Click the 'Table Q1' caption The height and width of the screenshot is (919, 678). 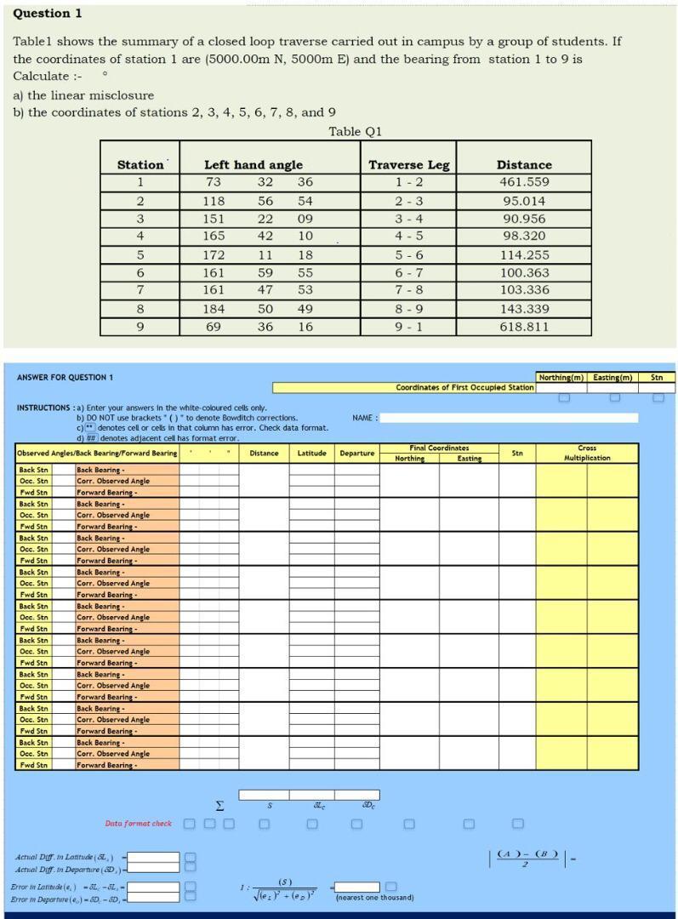(355, 131)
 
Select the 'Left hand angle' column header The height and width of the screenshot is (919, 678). (253, 164)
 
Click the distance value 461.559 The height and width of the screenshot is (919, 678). (524, 182)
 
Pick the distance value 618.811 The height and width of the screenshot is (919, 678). (524, 327)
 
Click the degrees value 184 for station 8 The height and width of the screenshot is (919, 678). (214, 309)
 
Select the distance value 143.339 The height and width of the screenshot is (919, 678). (524, 309)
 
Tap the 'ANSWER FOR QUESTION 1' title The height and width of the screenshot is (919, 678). (65, 377)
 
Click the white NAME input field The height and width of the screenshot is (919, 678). (508, 418)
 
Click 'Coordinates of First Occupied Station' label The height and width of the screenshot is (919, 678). (464, 387)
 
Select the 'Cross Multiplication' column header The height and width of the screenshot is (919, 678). (586, 453)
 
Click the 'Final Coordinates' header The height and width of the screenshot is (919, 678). (439, 448)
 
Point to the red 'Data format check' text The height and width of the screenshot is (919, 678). (138, 823)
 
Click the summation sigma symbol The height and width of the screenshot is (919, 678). (219, 805)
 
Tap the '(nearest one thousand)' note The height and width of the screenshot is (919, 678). (374, 897)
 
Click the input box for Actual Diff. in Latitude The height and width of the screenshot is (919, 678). (154, 857)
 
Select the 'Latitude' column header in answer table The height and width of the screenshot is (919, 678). (311, 453)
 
